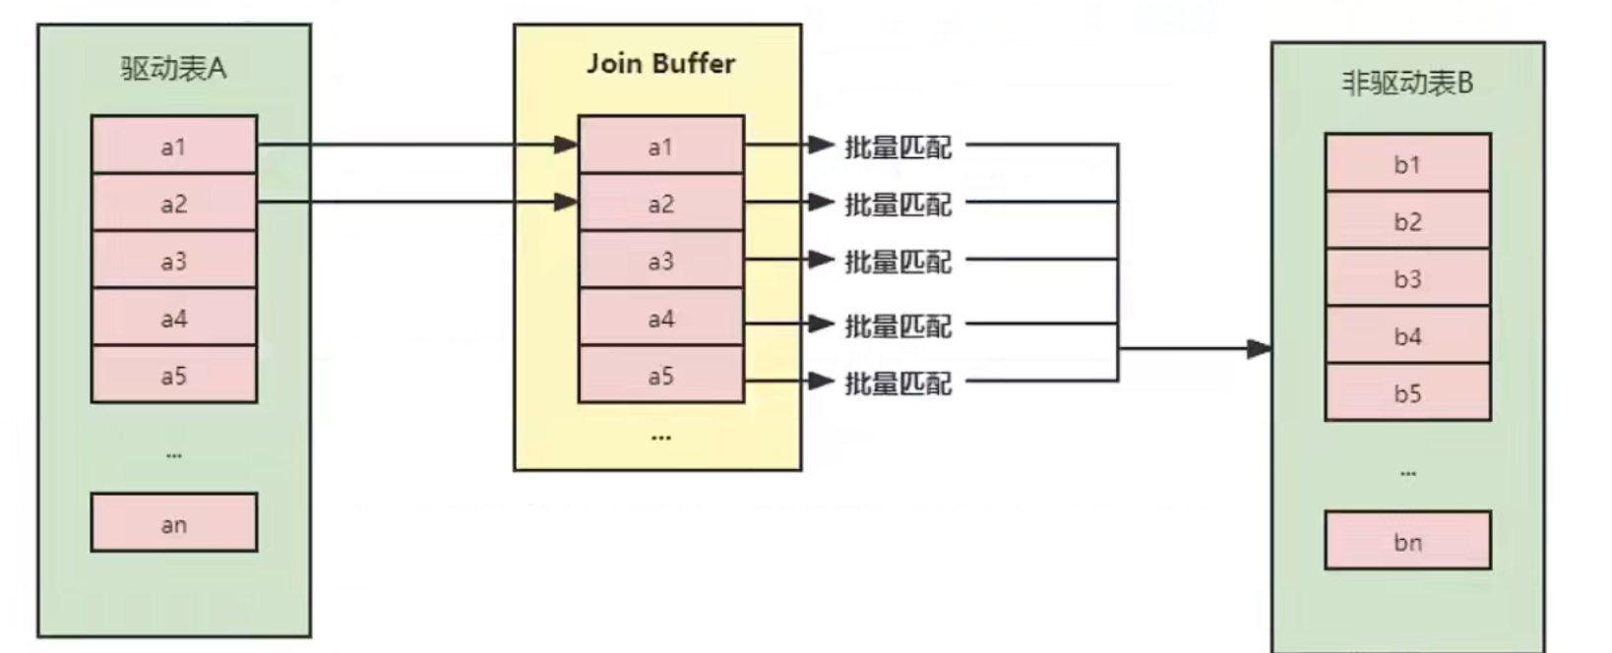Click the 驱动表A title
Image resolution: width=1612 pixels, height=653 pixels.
pos(173,68)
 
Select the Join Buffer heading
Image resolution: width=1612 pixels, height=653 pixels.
pos(660,64)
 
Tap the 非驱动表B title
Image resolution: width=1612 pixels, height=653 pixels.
pos(1407,84)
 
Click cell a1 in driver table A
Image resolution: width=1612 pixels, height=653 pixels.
pos(173,147)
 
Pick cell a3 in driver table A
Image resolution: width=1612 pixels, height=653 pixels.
pos(173,262)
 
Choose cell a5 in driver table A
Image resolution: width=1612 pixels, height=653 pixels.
pos(173,376)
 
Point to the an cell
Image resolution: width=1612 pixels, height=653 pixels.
pos(173,524)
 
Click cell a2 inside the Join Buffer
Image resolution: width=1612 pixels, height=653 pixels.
pos(660,205)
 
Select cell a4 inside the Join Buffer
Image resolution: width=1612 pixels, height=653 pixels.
pos(660,319)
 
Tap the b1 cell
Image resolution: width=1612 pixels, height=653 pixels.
pos(1407,164)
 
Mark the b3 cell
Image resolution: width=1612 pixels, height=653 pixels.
pos(1407,279)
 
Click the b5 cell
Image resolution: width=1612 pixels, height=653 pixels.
pos(1407,393)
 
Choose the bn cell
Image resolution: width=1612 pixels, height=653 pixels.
pos(1407,542)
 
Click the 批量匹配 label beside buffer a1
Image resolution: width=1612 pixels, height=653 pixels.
pos(898,148)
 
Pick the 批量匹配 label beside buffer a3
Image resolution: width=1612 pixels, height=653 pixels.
pos(898,262)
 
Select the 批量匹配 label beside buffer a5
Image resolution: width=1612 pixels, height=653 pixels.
pos(898,383)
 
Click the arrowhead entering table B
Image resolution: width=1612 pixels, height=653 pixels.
pos(1259,348)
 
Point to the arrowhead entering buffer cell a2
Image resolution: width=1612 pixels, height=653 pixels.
pos(566,203)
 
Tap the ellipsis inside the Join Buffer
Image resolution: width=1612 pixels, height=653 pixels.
pos(660,437)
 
